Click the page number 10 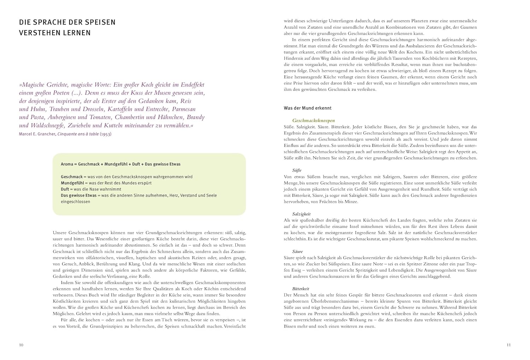click(21, 345)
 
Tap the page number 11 click(508, 345)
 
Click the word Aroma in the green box click(67, 164)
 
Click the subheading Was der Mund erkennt click(308, 108)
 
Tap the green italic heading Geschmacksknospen click(314, 121)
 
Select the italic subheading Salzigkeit click(301, 214)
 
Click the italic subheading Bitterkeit click(301, 289)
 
